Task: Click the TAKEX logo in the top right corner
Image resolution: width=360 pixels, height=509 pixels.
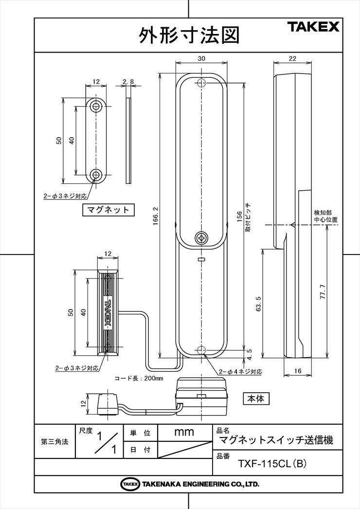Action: point(313,27)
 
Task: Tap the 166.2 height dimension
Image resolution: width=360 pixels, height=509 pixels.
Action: point(155,216)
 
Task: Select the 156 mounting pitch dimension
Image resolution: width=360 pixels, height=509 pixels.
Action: point(239,217)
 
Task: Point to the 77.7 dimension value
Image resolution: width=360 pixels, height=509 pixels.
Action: point(323,291)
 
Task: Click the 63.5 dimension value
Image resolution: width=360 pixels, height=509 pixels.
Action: point(259,303)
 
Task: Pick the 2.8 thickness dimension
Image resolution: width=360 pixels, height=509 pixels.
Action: point(128,82)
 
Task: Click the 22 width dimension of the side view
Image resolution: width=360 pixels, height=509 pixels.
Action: point(292,58)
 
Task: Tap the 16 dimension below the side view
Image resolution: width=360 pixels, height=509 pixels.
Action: point(297,371)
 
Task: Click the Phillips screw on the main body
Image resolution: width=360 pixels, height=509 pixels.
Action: point(201,238)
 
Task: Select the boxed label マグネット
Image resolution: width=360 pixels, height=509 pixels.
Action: point(108,209)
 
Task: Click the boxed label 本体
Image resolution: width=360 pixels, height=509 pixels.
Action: point(256,399)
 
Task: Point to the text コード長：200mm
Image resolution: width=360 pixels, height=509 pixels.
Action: point(139,378)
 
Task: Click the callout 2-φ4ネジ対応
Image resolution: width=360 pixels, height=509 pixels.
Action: point(240,372)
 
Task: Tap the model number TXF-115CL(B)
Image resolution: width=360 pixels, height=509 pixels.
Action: point(272,464)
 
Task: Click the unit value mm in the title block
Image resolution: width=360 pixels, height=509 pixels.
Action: point(184,432)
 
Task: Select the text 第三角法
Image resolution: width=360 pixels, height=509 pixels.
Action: point(54,441)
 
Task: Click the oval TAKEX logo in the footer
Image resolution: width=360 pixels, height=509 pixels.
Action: point(130,484)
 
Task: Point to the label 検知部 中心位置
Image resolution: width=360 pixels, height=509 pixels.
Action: point(325,216)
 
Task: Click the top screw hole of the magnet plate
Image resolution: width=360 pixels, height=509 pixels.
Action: point(96,106)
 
